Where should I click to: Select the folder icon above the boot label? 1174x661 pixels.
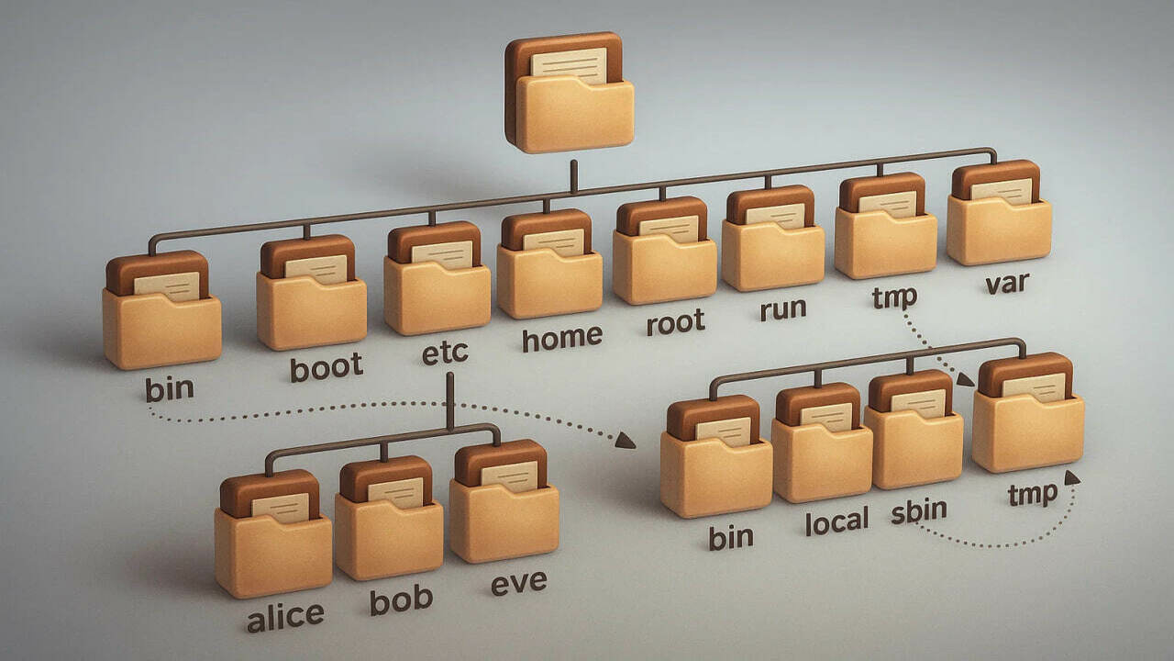tap(311, 294)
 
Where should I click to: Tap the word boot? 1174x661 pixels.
tap(327, 367)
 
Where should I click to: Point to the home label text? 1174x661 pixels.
tap(561, 338)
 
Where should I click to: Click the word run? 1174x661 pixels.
tap(782, 308)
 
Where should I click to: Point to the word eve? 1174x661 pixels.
tap(517, 582)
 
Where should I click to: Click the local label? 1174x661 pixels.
tap(836, 521)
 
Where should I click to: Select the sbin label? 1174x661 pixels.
tap(919, 510)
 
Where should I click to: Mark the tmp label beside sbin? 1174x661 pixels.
tap(1032, 495)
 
